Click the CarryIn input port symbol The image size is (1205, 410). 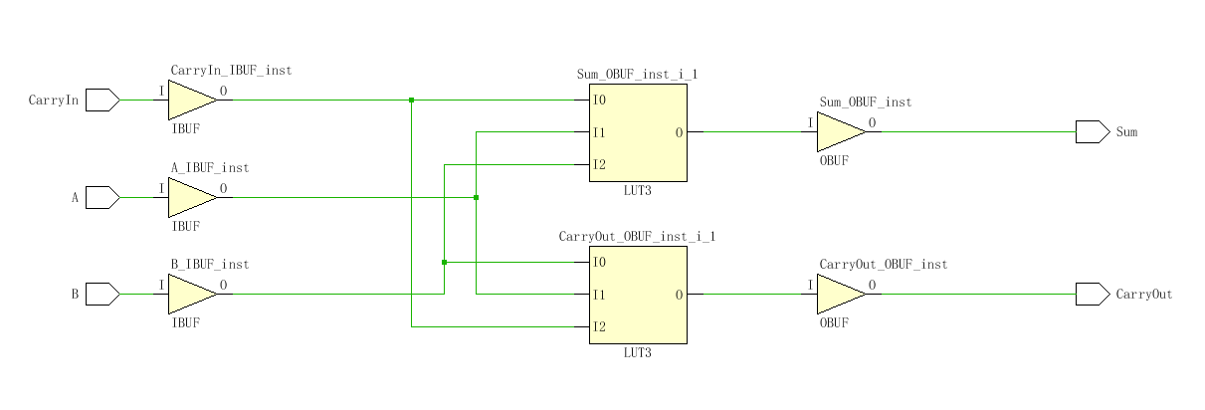[x=101, y=100]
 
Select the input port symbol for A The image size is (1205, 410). [x=101, y=197]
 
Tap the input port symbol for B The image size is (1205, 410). [x=101, y=294]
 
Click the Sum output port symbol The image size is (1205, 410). [x=1092, y=131]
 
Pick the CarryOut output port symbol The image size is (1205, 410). [x=1092, y=294]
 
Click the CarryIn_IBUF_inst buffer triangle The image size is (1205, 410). [x=190, y=100]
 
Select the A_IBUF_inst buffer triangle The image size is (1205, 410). [x=190, y=197]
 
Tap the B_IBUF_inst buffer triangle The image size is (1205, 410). [x=190, y=294]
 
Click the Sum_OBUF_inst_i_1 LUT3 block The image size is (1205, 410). [x=638, y=132]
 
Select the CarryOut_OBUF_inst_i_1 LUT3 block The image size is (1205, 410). [x=638, y=295]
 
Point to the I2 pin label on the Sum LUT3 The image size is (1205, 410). [x=599, y=165]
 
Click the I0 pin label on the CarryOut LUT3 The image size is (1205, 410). [x=599, y=263]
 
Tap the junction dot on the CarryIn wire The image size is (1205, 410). [x=411, y=100]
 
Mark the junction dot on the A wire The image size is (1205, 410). [x=477, y=197]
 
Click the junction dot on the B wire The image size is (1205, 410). [x=444, y=262]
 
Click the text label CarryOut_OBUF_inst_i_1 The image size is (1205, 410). [x=637, y=237]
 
